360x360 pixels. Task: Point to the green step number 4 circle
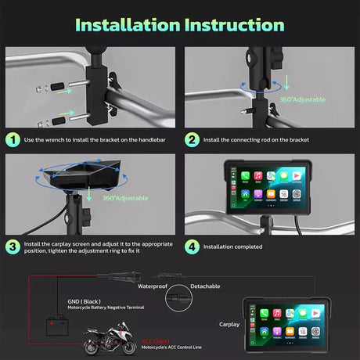192,246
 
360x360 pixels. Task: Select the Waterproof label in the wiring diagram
153,286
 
